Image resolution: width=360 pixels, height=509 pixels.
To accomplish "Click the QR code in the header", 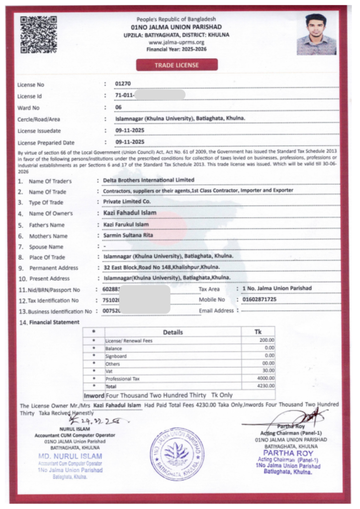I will [x=38, y=35].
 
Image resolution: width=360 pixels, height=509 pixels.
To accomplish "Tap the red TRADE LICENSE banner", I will [x=177, y=65].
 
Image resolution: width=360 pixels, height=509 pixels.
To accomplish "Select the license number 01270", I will [x=123, y=84].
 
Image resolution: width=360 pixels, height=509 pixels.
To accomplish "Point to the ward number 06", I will [x=118, y=107].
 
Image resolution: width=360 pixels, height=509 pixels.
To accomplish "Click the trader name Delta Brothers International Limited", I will [x=148, y=180].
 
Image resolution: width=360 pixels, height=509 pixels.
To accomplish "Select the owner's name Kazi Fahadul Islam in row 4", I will [x=129, y=213].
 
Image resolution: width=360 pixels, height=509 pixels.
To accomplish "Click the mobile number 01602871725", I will [x=260, y=300].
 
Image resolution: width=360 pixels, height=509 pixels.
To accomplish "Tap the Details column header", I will [x=173, y=332].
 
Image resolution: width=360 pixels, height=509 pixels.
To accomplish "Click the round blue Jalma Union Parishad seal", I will [x=177, y=453].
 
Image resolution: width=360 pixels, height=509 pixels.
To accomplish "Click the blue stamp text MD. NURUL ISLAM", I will [x=70, y=456].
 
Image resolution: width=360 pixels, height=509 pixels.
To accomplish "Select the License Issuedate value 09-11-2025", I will [x=130, y=131].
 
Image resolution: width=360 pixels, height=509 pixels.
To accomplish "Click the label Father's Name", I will [x=48, y=225].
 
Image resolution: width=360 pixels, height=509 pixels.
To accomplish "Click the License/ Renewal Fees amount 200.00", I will [x=267, y=340].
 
